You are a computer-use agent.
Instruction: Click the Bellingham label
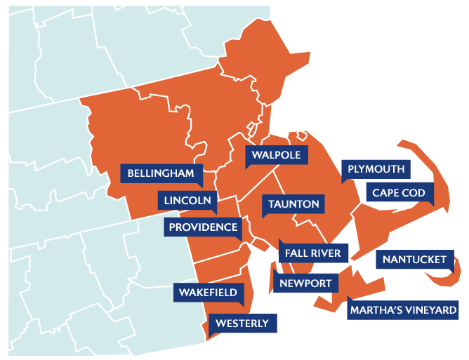(x=161, y=173)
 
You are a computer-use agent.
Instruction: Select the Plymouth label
(x=376, y=169)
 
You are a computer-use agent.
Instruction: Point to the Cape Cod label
(x=399, y=193)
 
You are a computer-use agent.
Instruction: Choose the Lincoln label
(x=187, y=201)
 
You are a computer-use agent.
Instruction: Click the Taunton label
(x=293, y=205)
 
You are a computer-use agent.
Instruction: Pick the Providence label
(x=203, y=227)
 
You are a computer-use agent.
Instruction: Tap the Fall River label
(x=312, y=253)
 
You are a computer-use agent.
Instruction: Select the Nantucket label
(x=414, y=260)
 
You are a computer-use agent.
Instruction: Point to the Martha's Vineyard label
(x=404, y=309)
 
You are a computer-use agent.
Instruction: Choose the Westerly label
(x=242, y=324)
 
